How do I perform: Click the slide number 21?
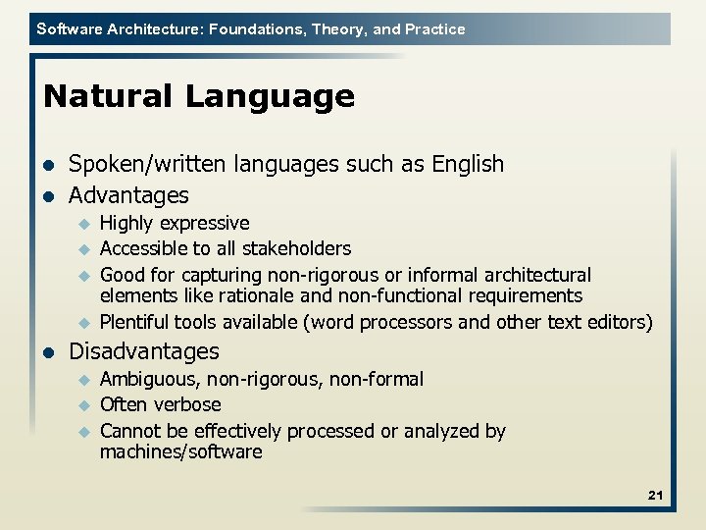pos(655,496)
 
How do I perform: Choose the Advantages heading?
pos(128,195)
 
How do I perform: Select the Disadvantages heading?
pos(144,350)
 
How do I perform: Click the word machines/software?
pos(181,452)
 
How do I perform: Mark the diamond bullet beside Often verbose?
pos(84,404)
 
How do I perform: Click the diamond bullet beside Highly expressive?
pos(84,224)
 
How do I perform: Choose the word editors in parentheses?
pos(616,321)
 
